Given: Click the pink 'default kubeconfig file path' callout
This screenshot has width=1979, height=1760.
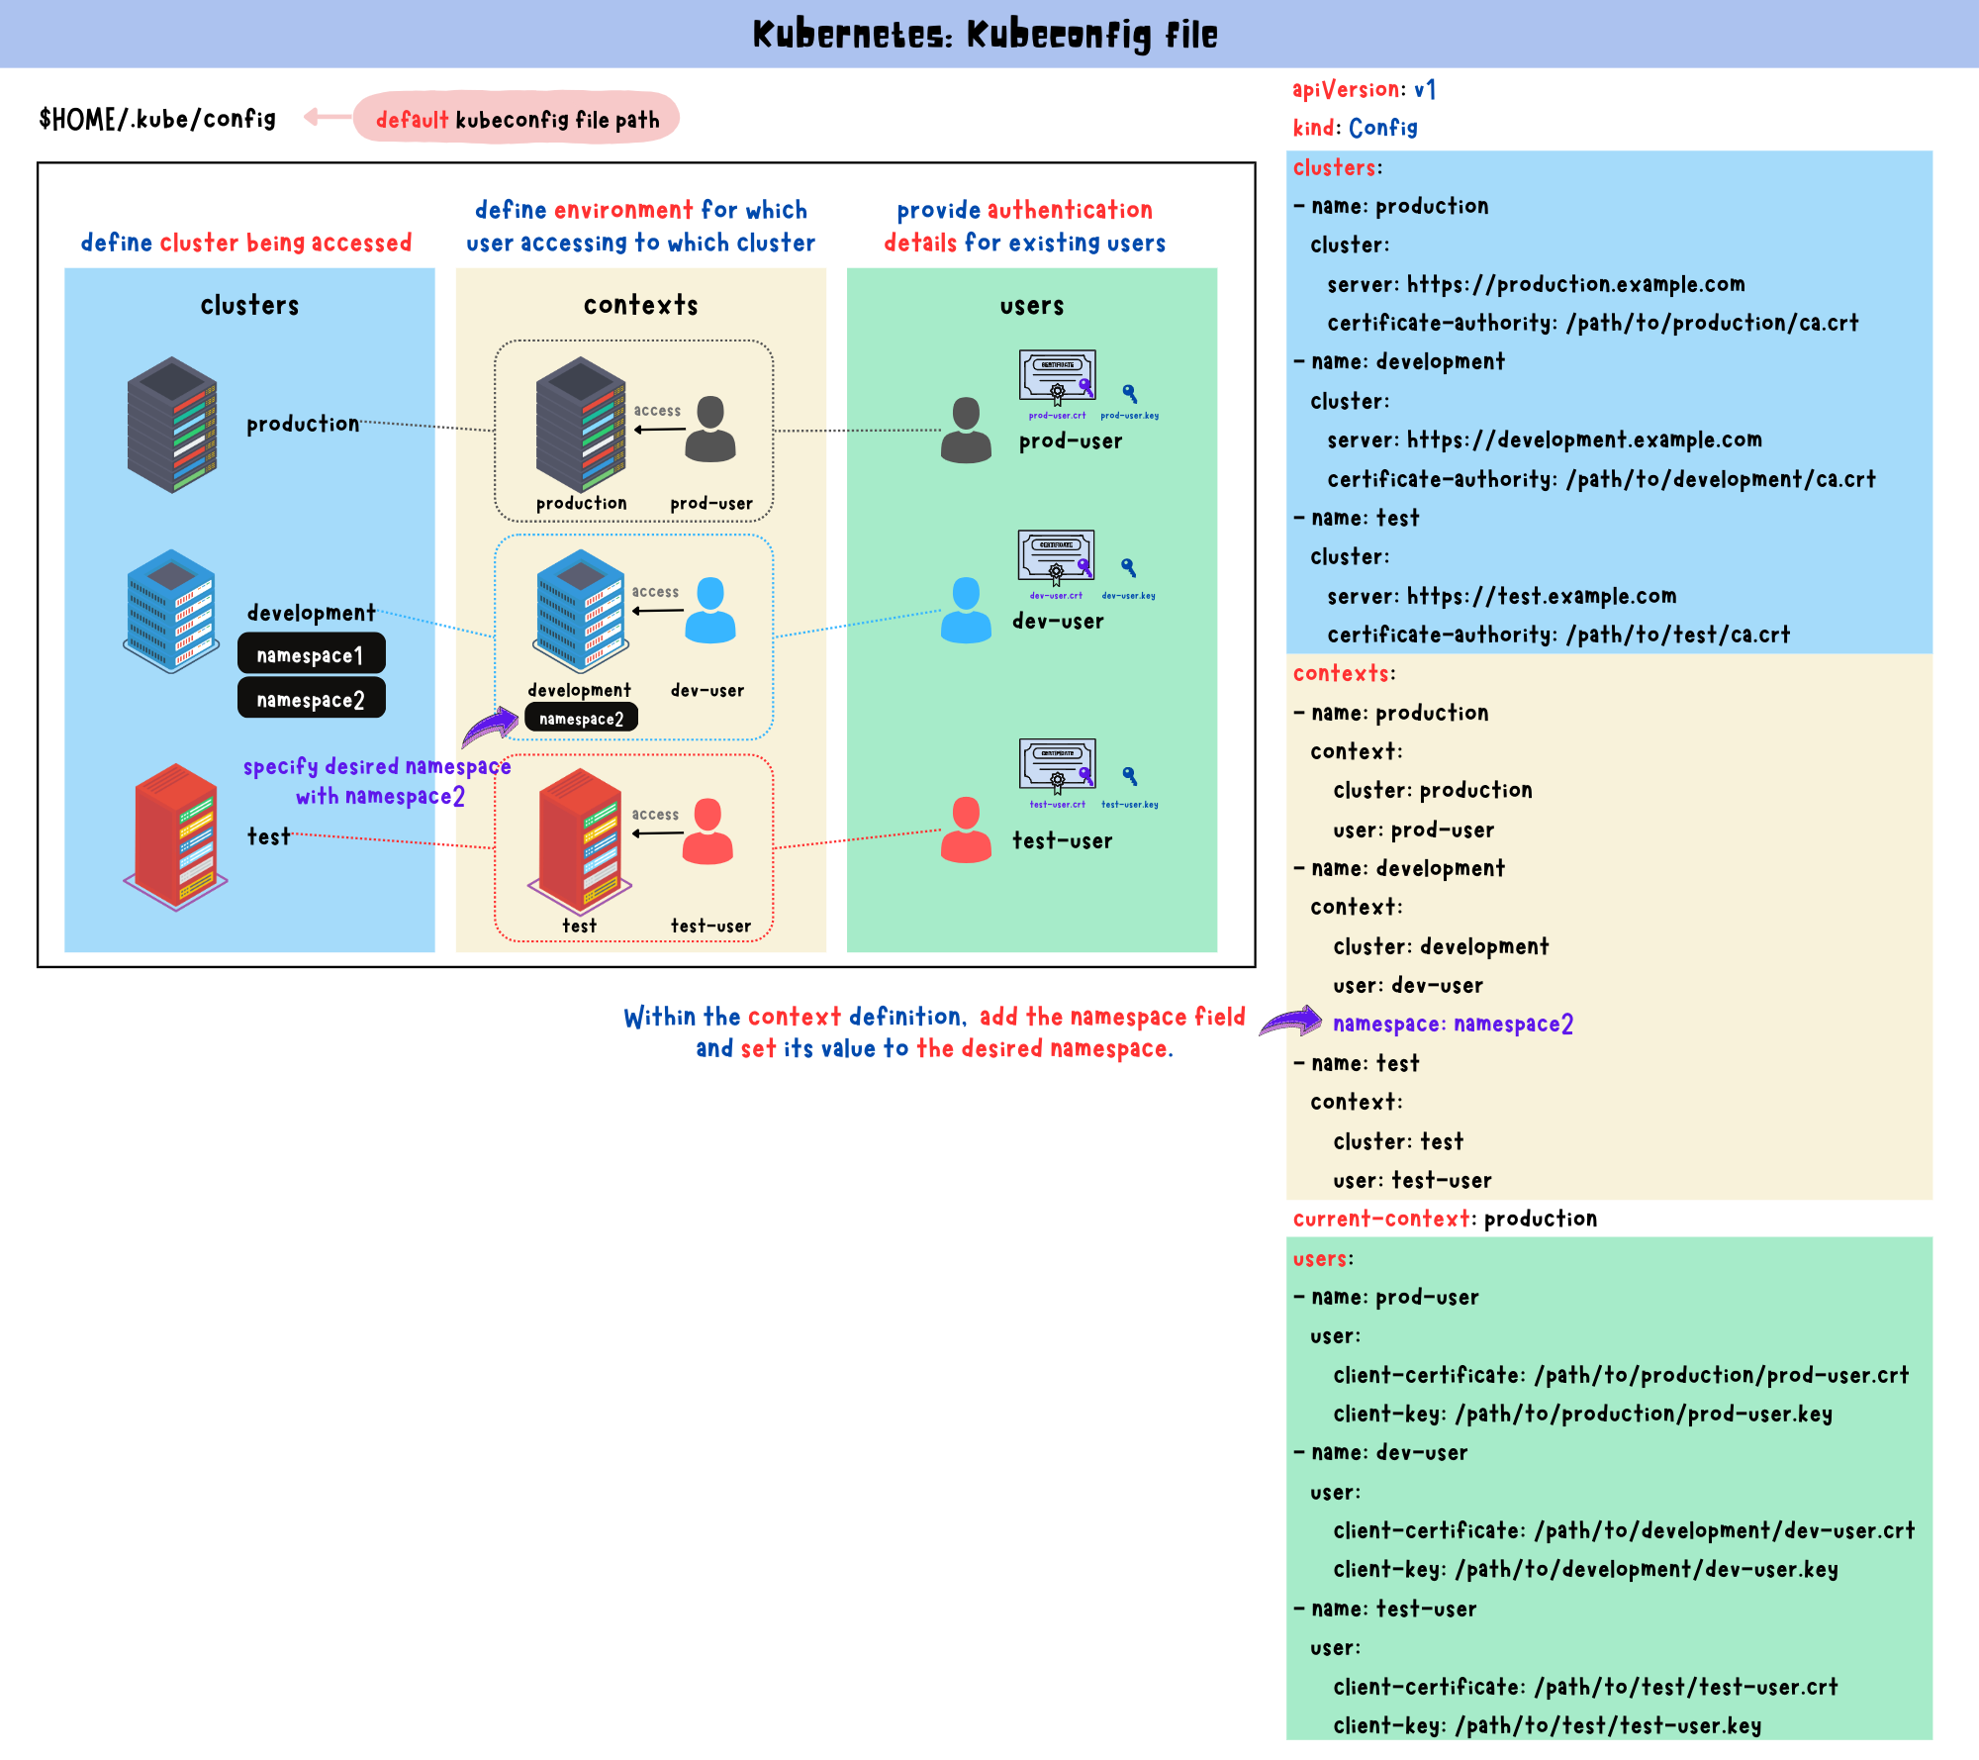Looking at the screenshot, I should pos(517,119).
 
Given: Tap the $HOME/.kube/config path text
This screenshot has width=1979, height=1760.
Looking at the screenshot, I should pos(157,119).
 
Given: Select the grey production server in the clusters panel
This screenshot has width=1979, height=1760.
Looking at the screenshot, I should pos(172,425).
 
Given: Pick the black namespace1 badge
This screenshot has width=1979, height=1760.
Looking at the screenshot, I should pos(311,654).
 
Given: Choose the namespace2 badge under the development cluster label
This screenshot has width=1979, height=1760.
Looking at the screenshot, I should pos(311,699).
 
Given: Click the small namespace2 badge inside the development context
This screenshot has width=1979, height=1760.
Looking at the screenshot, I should pos(581,719).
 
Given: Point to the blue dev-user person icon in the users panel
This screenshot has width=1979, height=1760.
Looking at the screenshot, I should pos(966,610).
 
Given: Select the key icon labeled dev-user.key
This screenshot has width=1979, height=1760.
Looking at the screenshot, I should pos(1128,568).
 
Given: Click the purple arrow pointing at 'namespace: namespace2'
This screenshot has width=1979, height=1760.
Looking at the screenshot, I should pos(1291,1022).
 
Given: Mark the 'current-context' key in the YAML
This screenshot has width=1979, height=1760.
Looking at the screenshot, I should pos(1381,1219).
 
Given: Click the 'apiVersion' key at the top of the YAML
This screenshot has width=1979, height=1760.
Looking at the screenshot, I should pos(1347,90).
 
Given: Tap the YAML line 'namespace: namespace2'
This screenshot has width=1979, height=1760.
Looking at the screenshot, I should pos(1453,1024).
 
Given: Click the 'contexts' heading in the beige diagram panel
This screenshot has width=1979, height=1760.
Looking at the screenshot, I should pos(640,305).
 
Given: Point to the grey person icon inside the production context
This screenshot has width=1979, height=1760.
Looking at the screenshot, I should pos(710,429).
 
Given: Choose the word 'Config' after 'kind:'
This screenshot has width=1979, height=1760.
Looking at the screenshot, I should pos(1383,128).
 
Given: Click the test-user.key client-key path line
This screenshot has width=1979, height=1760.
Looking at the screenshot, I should pos(1547,1725).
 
